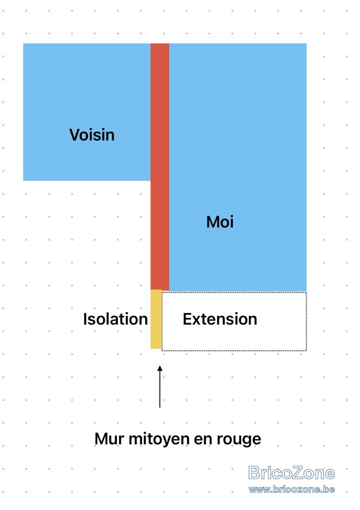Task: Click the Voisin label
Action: (x=92, y=135)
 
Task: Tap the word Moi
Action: (x=220, y=222)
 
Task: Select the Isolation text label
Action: (x=116, y=319)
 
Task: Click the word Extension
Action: (x=220, y=319)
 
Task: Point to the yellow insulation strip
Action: (x=156, y=319)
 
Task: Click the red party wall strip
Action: (x=160, y=167)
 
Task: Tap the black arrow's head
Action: (x=160, y=368)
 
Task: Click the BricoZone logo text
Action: (x=291, y=473)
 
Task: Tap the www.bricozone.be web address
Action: (x=291, y=489)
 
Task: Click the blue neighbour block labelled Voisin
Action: (x=87, y=112)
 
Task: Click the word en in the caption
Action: (x=203, y=440)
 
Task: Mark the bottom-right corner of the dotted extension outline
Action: (x=306, y=350)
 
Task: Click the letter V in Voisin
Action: (x=75, y=135)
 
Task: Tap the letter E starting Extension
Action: (x=188, y=319)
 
